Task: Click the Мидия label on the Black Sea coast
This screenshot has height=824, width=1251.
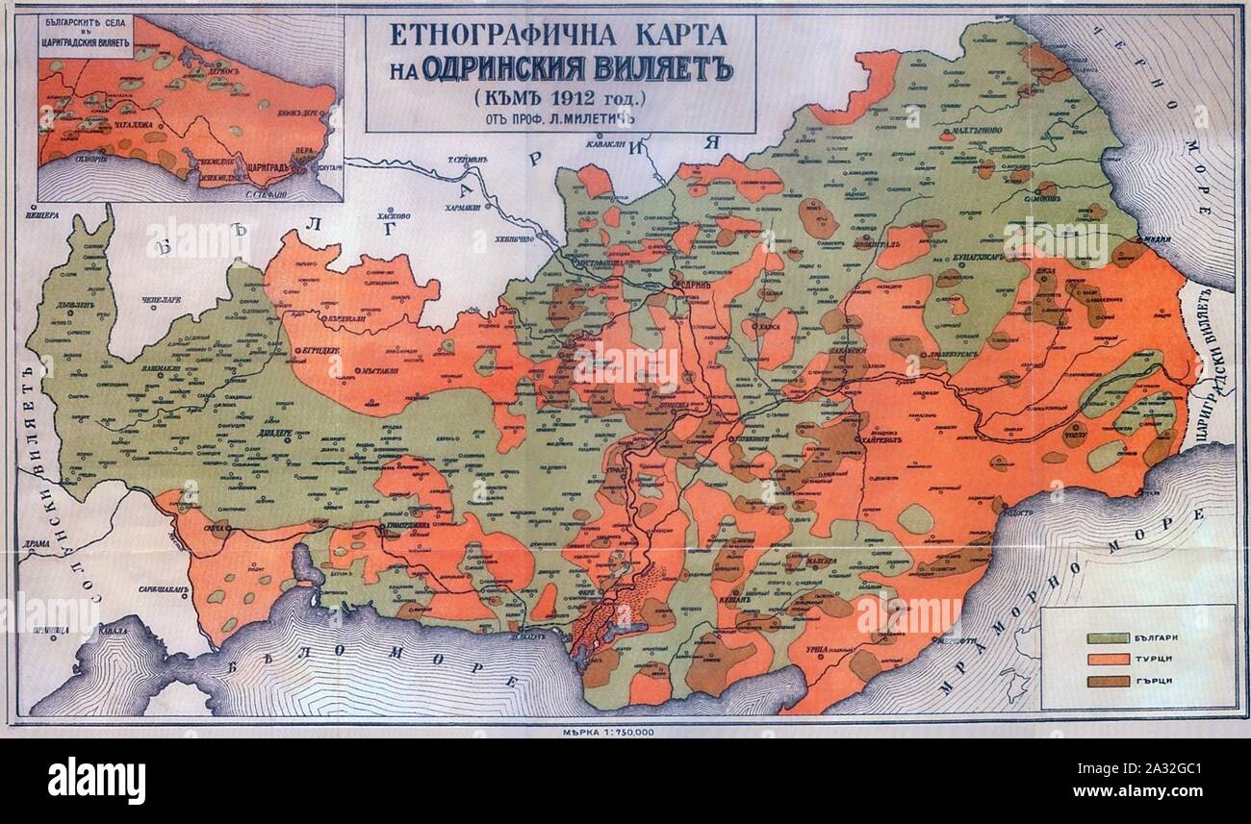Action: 1154,239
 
